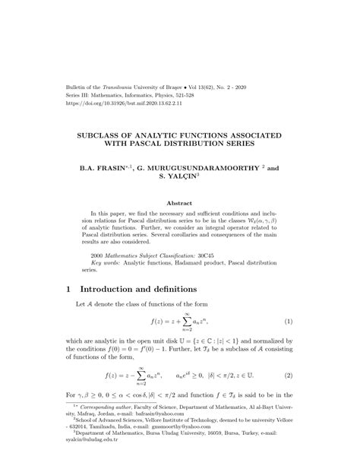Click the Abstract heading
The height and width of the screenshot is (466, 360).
179,204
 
